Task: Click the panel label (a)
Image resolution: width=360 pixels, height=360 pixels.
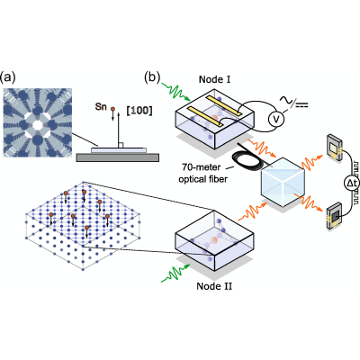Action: click(x=7, y=77)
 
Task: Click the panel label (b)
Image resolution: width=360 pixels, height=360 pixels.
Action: click(x=152, y=77)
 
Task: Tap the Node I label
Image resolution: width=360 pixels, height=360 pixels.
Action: click(x=214, y=79)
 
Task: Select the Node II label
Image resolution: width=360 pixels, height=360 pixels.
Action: click(x=214, y=286)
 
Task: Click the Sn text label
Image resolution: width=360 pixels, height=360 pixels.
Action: click(x=101, y=106)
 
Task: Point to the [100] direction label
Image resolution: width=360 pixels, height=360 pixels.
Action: click(x=139, y=111)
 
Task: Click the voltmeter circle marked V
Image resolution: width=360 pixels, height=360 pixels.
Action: click(x=276, y=119)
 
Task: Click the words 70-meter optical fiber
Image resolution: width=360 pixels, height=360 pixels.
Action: click(x=203, y=173)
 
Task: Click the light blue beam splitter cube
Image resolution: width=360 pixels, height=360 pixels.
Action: click(x=283, y=182)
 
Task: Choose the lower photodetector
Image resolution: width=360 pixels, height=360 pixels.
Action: click(x=334, y=216)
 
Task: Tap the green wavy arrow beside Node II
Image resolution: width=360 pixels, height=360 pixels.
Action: click(x=175, y=273)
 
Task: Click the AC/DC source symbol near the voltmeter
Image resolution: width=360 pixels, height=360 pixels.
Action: click(x=294, y=103)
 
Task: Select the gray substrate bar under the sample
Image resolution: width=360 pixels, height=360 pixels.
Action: click(x=118, y=157)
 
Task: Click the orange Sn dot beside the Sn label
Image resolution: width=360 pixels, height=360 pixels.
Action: click(x=112, y=109)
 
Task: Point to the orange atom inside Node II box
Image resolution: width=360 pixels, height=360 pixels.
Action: click(x=214, y=240)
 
